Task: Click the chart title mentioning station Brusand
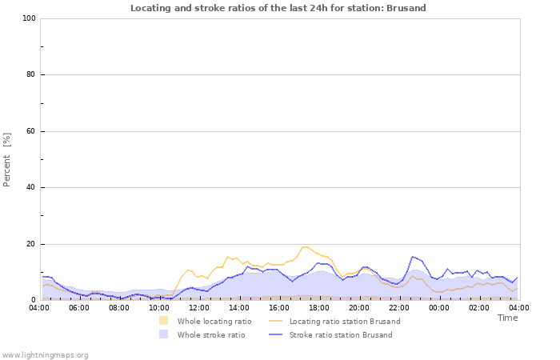tap(278, 8)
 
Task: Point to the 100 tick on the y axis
tap(30, 18)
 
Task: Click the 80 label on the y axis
tap(31, 75)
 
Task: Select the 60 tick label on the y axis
tap(31, 131)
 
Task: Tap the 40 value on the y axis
tap(31, 188)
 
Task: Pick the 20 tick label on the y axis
tap(31, 244)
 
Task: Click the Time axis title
tap(507, 318)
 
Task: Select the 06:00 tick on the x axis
tap(79, 307)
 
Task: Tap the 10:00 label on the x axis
tap(159, 307)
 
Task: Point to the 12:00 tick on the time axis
tap(199, 307)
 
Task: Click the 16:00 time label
tap(279, 307)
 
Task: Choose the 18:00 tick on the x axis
tap(319, 307)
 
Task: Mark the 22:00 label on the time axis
tap(399, 307)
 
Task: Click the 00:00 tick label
tap(439, 307)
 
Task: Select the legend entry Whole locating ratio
tap(214, 321)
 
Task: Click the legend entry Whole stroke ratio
tap(210, 334)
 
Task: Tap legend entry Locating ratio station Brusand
tap(344, 321)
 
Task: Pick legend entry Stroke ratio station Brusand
tap(340, 334)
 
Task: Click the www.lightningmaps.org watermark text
tap(46, 354)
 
